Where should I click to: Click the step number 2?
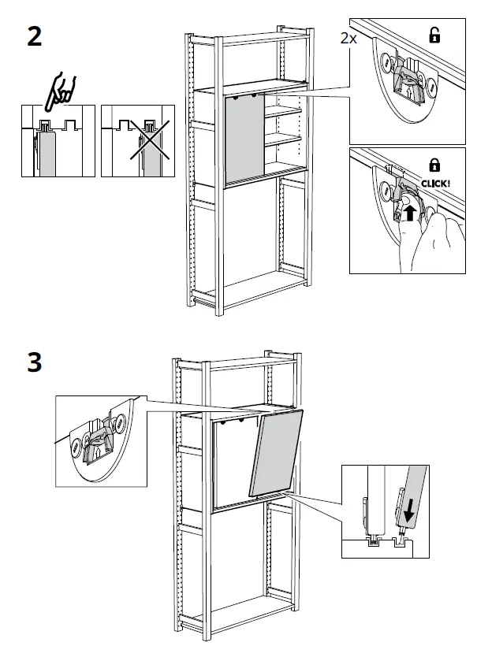pyautogui.click(x=34, y=37)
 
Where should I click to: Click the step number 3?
pyautogui.click(x=34, y=363)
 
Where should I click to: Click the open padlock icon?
pyautogui.click(x=434, y=34)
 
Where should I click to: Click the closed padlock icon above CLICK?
pyautogui.click(x=434, y=164)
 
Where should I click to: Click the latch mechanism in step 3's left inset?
pyautogui.click(x=99, y=440)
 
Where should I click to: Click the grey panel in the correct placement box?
pyautogui.click(x=48, y=152)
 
